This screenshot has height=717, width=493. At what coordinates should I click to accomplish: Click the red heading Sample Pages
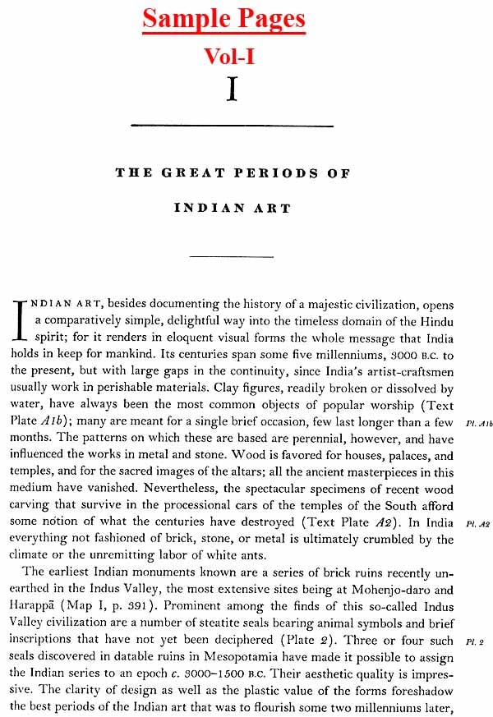223,18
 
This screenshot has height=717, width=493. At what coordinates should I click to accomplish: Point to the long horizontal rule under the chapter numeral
232,126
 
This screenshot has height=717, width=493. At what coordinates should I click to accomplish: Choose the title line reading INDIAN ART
232,209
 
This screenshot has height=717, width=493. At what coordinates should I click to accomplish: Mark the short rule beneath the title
231,257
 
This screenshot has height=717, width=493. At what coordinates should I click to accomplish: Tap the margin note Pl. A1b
478,423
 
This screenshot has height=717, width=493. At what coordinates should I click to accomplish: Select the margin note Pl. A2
478,523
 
